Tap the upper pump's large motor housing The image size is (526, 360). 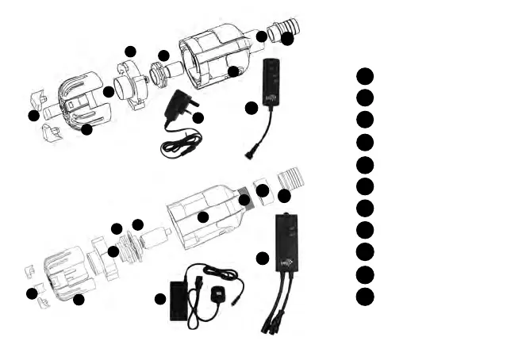pyautogui.click(x=214, y=56)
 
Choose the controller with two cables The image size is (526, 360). pyautogui.click(x=286, y=242)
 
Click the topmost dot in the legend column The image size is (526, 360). pyautogui.click(x=364, y=75)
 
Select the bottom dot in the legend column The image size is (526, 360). pyautogui.click(x=364, y=297)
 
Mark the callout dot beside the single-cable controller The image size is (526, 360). pyautogui.click(x=251, y=107)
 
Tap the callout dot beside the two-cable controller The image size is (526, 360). pyautogui.click(x=263, y=259)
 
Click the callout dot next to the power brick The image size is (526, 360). pyautogui.click(x=160, y=299)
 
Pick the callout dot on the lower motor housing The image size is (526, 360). pyautogui.click(x=203, y=217)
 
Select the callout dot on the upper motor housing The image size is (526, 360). pyautogui.click(x=233, y=72)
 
